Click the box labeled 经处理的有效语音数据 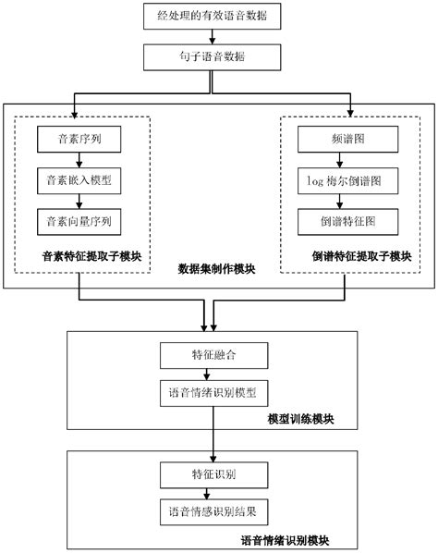click(x=213, y=17)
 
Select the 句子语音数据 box click(x=213, y=58)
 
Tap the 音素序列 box click(x=79, y=141)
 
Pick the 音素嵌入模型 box click(x=79, y=181)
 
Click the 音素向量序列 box click(x=79, y=221)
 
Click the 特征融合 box click(x=214, y=354)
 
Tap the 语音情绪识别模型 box click(x=214, y=393)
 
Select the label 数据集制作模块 click(x=217, y=270)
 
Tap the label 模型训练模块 click(x=300, y=420)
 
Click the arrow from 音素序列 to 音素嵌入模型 click(x=79, y=161)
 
